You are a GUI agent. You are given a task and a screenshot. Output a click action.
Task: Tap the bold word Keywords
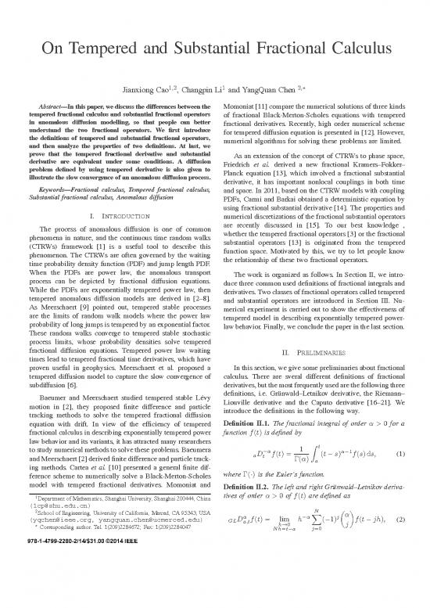coord(43,168)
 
